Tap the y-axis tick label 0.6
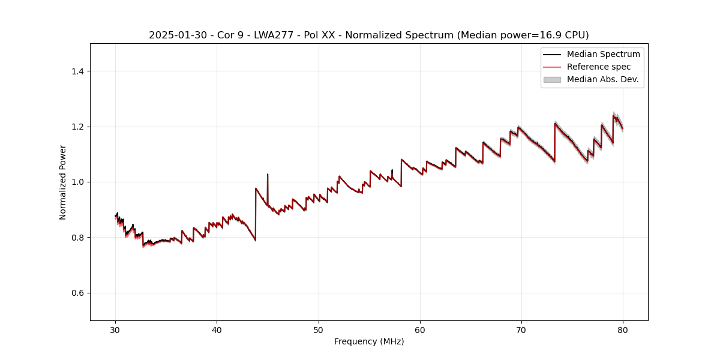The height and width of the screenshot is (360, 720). click(77, 293)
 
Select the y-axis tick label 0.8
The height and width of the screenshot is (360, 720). click(77, 238)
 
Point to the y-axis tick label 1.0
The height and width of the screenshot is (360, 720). click(77, 182)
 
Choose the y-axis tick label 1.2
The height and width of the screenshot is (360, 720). click(77, 127)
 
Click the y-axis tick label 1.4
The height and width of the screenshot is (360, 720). click(77, 71)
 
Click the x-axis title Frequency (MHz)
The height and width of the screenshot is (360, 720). click(369, 341)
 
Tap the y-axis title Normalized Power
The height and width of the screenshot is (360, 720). click(63, 182)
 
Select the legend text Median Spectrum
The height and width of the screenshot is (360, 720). click(603, 54)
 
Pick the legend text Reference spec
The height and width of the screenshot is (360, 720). click(599, 67)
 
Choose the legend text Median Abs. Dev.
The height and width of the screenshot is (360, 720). click(602, 79)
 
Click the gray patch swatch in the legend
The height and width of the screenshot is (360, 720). click(552, 79)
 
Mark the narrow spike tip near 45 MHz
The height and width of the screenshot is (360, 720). click(268, 175)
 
